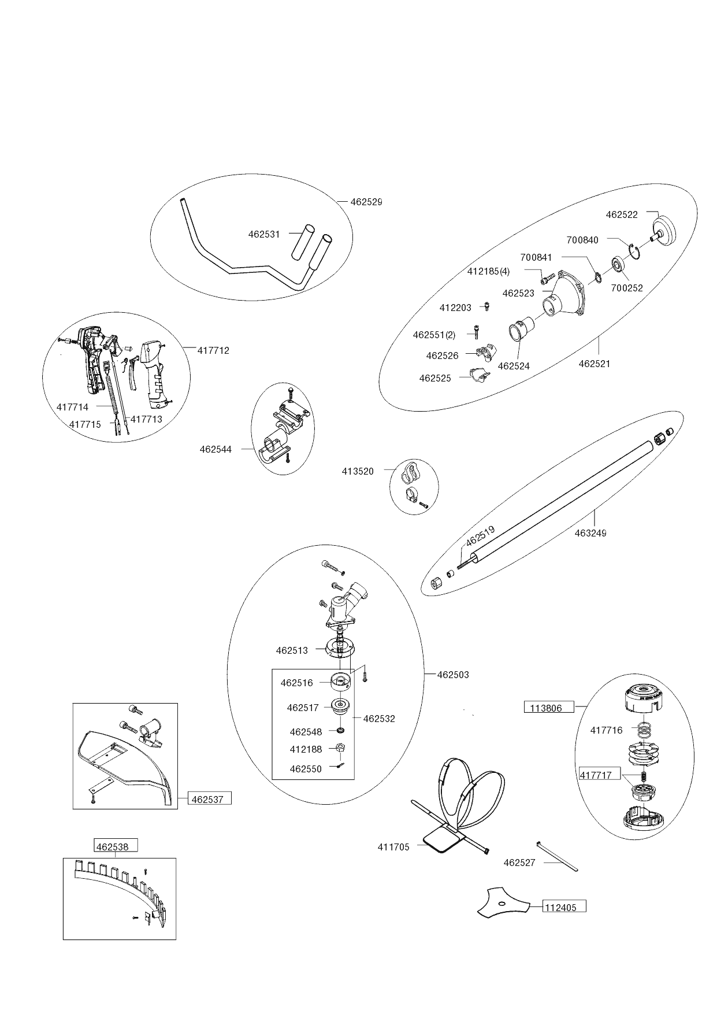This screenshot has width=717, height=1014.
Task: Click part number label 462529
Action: click(366, 202)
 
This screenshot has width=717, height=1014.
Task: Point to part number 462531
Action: click(264, 235)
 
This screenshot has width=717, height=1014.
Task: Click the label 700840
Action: click(582, 240)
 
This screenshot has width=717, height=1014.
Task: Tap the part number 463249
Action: click(590, 533)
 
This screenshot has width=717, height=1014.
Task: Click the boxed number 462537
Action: click(209, 800)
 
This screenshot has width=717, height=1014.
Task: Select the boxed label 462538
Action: click(116, 847)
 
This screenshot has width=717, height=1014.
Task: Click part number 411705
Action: click(393, 847)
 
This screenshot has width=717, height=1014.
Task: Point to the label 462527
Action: click(519, 863)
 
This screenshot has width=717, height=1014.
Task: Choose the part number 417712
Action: click(213, 350)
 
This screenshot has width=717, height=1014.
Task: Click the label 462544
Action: click(216, 449)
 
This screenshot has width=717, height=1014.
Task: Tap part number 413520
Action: click(358, 471)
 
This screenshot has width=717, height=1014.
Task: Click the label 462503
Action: click(453, 675)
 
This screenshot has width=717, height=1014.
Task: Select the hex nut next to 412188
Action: click(340, 748)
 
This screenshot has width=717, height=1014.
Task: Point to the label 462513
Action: click(292, 650)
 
